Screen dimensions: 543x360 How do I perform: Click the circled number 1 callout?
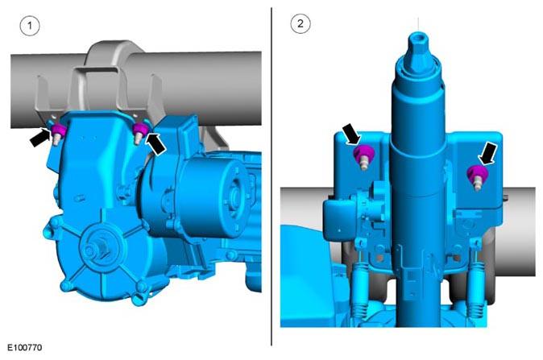pyautogui.click(x=30, y=26)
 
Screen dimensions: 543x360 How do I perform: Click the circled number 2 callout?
pyautogui.click(x=301, y=23)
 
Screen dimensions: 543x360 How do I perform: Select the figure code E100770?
pyautogui.click(x=25, y=347)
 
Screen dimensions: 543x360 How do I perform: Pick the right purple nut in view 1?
pyautogui.click(x=141, y=129)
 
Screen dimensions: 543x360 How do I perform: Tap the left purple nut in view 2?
pyautogui.click(x=363, y=153)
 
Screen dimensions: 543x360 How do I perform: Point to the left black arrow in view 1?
pyautogui.click(x=39, y=137)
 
